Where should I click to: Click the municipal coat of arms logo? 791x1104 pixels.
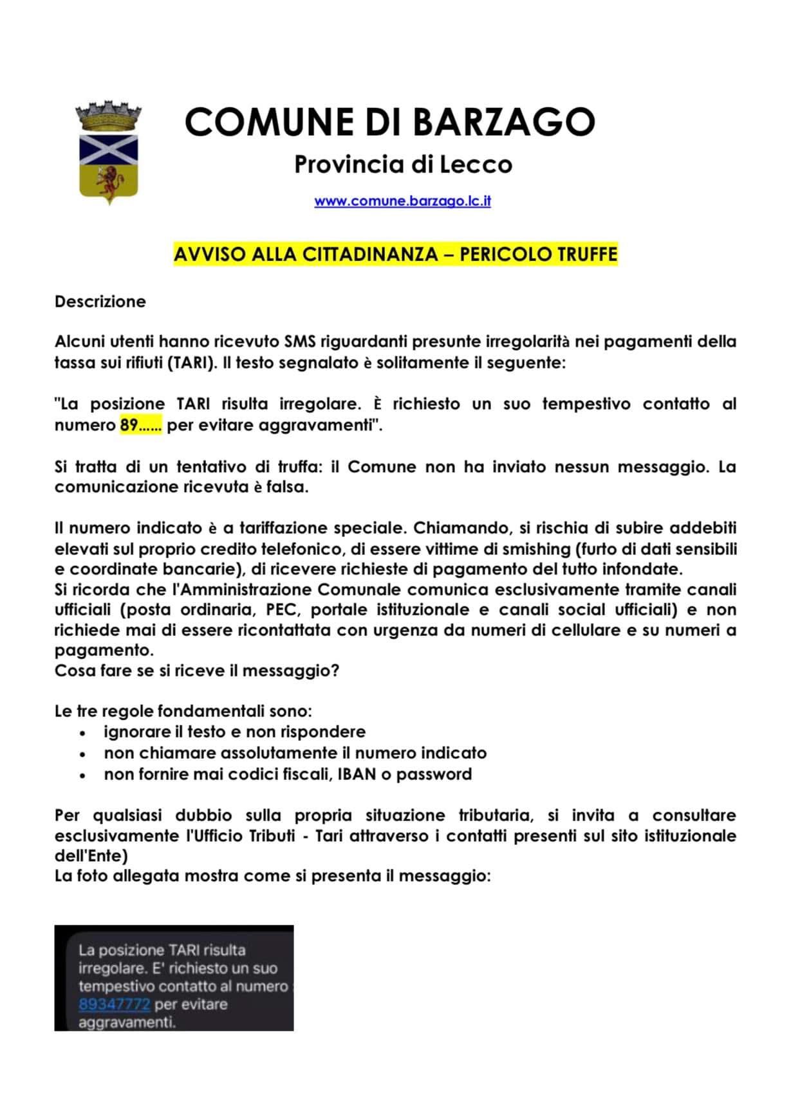[107, 153]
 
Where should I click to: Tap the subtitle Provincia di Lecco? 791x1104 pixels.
[403, 165]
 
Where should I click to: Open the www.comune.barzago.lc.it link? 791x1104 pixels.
[402, 201]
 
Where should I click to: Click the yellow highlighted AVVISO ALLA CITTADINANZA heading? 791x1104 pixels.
[395, 254]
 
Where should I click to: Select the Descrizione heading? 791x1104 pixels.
[100, 302]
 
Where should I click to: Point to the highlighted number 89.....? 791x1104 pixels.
[129, 425]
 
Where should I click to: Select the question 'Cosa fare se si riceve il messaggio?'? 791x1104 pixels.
[197, 671]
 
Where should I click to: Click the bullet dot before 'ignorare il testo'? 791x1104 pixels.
[82, 733]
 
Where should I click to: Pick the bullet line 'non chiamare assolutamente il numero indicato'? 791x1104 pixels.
[295, 753]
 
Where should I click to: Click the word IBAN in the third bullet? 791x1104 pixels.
[357, 774]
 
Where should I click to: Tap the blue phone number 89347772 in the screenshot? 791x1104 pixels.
[114, 1004]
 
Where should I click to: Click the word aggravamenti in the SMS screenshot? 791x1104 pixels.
[126, 1022]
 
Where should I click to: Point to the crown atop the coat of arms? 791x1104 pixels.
[107, 115]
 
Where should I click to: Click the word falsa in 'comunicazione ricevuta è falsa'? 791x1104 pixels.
[287, 487]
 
